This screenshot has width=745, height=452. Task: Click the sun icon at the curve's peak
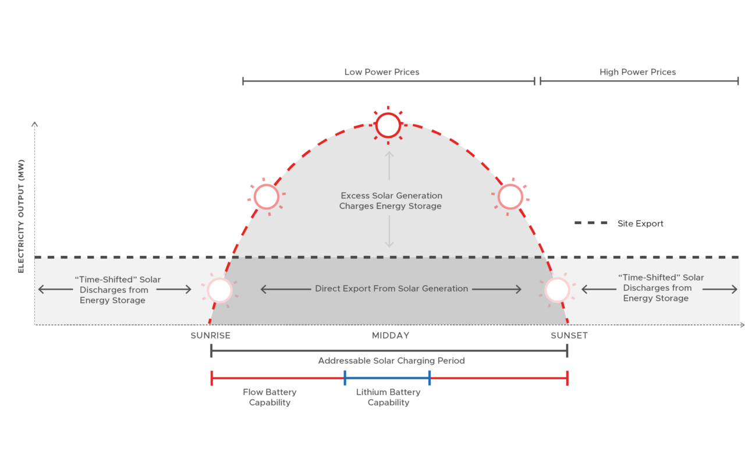[388, 126]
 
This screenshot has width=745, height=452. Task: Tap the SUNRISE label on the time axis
[210, 336]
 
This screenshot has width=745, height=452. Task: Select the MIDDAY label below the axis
[391, 336]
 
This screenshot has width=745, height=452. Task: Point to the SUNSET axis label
[569, 336]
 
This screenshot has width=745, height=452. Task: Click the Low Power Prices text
[381, 72]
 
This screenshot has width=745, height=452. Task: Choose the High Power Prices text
[637, 72]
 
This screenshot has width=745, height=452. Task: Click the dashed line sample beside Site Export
[591, 223]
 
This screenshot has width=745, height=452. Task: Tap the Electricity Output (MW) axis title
[21, 216]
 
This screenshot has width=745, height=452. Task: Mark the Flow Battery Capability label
[269, 397]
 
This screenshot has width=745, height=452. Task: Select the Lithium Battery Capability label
[388, 397]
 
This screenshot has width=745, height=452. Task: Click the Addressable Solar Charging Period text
[391, 361]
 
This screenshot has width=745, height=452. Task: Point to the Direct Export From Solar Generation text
[391, 289]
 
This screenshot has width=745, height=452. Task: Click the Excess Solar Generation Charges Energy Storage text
[391, 201]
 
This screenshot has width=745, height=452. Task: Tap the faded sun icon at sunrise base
[219, 290]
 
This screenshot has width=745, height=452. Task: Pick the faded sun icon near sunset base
[557, 290]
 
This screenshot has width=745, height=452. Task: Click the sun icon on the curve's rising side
[266, 197]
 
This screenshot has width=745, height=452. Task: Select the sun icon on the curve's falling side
[510, 197]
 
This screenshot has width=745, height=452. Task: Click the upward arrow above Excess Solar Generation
[389, 166]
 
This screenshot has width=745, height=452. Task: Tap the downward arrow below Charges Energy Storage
[389, 232]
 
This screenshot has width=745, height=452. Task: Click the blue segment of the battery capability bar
[387, 378]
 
